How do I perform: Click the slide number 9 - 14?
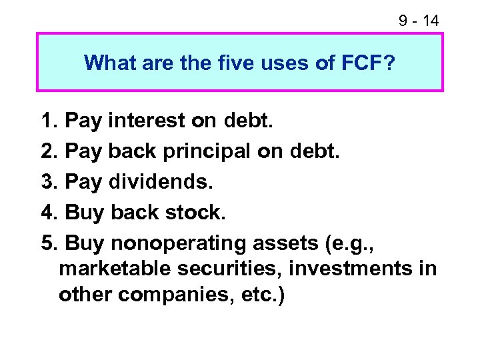coord(419,21)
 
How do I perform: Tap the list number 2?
coord(48,151)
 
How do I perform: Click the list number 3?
coord(48,182)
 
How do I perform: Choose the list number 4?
coord(48,213)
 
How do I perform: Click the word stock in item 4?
coord(195,213)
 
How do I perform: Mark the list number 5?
coord(48,243)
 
